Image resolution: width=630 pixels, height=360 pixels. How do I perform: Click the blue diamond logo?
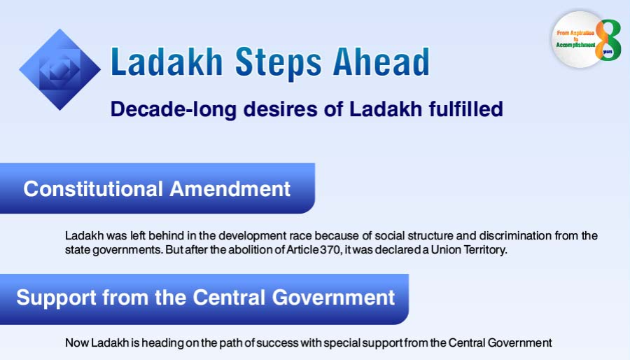click(60, 69)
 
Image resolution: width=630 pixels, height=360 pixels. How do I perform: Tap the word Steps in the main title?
click(278, 62)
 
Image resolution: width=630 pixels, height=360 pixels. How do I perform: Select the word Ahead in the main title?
click(381, 62)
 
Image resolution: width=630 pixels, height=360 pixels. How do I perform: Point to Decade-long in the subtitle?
click(174, 110)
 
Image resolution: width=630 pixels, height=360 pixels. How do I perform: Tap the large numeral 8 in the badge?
click(608, 40)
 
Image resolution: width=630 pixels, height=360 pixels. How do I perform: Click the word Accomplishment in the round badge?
click(576, 45)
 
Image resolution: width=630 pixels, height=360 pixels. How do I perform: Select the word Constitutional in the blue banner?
click(93, 189)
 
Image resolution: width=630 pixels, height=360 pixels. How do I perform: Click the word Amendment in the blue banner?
click(230, 189)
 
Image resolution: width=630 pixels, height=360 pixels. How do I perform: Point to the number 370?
click(330, 250)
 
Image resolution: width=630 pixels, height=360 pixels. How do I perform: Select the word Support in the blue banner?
click(56, 298)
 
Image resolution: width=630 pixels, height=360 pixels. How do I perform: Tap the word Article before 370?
click(303, 250)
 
